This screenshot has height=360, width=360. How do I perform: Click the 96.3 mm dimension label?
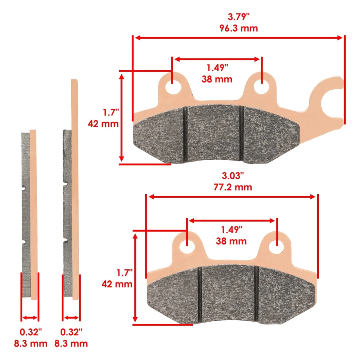coord(238,28)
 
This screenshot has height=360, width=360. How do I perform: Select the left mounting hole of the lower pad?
coord(186,247)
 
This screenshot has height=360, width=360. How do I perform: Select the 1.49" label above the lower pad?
coord(231,229)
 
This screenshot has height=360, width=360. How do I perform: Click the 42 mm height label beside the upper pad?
coord(103,123)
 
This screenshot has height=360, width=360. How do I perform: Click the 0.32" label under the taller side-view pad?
coord(71,332)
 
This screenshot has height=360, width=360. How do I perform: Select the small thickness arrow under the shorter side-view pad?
coord(30,318)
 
